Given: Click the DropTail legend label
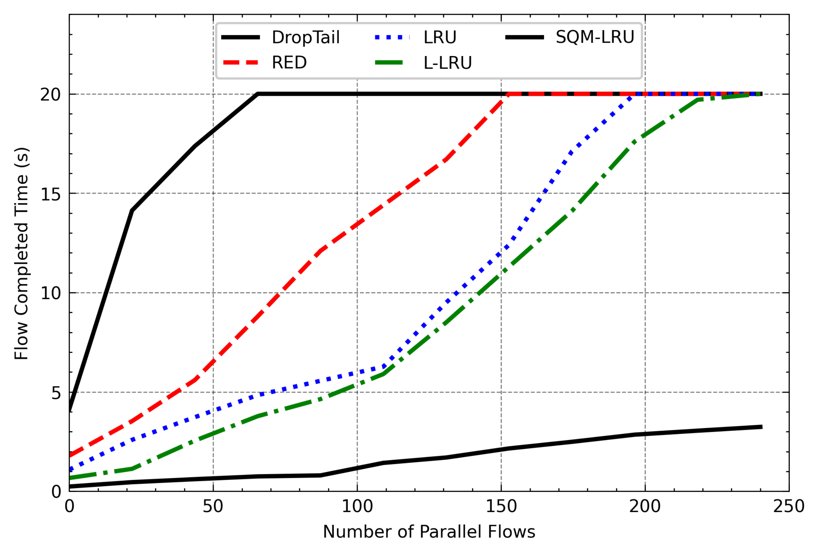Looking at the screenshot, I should coord(305,38).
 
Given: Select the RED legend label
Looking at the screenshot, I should coord(289,63).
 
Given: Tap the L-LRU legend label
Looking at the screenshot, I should coord(447,63).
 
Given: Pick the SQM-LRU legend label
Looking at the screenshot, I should coord(595,37).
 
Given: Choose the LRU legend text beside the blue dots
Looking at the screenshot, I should coord(440,38).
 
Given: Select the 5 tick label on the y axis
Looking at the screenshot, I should coord(56,393).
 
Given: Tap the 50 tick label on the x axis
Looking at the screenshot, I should coord(213,507).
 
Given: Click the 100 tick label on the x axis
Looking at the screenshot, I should coord(357,507).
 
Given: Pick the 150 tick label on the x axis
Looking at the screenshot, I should coord(501,507).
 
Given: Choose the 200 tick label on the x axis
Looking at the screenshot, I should coord(645,507).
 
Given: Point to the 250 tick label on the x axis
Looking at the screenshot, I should coord(788,507).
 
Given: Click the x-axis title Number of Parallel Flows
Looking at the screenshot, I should coord(429,532).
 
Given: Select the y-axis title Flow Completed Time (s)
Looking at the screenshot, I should coord(22,253).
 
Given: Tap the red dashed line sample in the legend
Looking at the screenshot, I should coord(241,63).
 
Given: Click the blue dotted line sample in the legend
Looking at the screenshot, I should coord(392,38).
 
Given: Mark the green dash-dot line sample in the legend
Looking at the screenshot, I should coord(392,63).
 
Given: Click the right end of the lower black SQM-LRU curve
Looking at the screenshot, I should coord(761,427).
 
